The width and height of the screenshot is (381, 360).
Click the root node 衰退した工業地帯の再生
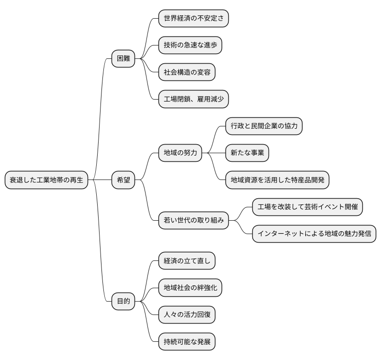click(x=46, y=180)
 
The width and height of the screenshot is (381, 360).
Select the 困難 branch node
click(x=123, y=59)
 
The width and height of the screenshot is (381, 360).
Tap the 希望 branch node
click(x=123, y=180)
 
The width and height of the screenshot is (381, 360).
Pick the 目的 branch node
click(x=123, y=301)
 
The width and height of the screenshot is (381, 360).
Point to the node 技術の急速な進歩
click(x=190, y=45)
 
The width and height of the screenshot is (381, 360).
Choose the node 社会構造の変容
click(x=187, y=72)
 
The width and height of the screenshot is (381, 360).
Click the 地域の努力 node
click(x=180, y=153)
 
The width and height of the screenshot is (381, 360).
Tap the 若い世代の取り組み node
click(x=193, y=221)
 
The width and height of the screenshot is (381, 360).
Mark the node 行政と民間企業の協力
click(x=264, y=126)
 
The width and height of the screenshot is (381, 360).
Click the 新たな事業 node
click(x=247, y=153)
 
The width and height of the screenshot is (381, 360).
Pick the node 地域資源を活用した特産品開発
click(x=277, y=180)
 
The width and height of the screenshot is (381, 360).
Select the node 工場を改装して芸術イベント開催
click(x=307, y=207)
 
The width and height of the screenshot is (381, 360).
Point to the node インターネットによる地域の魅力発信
click(x=314, y=234)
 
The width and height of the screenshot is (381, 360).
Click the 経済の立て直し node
click(x=187, y=261)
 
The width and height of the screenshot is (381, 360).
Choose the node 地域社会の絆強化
click(x=190, y=288)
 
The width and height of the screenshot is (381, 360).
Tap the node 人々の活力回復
click(x=187, y=315)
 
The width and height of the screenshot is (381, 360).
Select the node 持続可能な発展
click(x=187, y=342)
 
